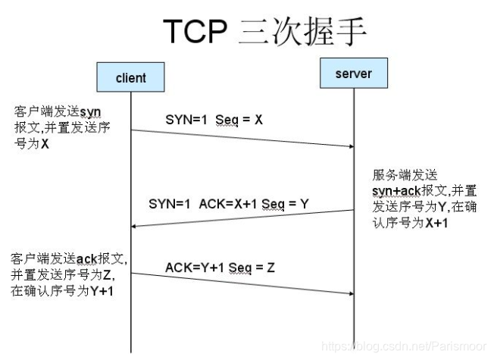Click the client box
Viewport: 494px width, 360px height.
click(x=131, y=77)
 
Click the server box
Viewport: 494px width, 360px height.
click(x=353, y=74)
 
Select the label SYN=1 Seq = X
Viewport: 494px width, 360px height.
click(x=214, y=120)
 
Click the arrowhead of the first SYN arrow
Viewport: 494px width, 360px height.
click(x=350, y=146)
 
